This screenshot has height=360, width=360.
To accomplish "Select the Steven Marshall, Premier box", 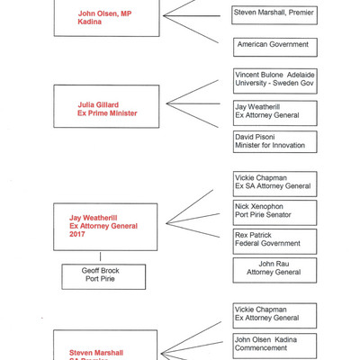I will (x=274, y=13).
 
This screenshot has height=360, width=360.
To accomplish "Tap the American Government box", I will (x=274, y=44).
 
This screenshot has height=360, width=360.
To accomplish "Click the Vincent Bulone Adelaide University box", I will (x=274, y=81).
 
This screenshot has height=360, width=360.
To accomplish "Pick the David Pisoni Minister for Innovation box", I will (x=274, y=141).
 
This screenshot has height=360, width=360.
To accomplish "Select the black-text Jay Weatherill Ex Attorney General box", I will (x=274, y=111).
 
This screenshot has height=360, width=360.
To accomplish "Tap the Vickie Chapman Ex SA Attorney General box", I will (x=274, y=183).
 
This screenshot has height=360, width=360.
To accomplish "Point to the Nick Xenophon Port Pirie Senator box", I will (x=274, y=211).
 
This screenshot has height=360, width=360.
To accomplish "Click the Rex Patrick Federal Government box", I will (x=274, y=238).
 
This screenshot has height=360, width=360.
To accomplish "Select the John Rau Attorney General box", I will (x=274, y=268).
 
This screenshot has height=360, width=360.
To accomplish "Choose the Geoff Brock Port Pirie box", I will (x=102, y=275).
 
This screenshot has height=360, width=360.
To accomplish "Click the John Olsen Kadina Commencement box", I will (x=274, y=344).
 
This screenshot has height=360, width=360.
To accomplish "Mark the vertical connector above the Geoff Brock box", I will (x=101, y=256).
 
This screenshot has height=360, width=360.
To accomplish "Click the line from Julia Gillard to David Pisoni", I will (x=193, y=123).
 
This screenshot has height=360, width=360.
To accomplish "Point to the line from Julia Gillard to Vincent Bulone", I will (x=193, y=94).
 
